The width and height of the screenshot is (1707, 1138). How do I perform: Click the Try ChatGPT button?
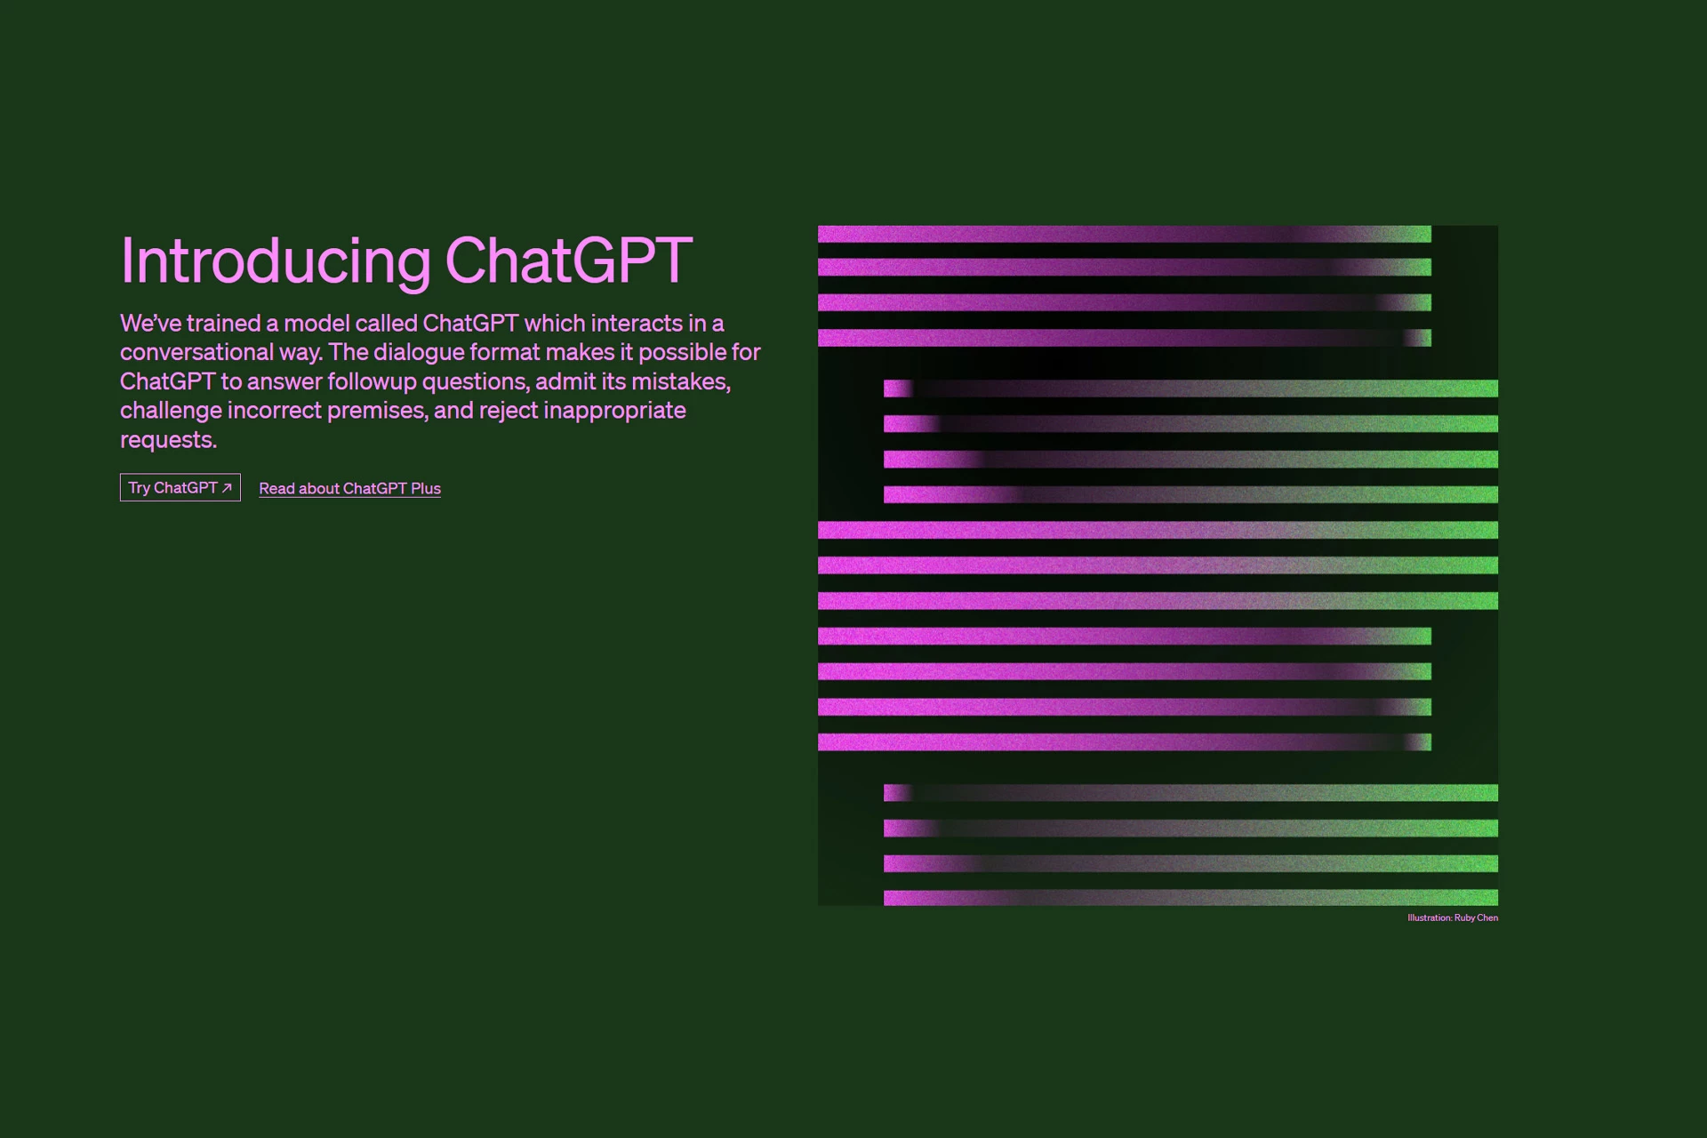tap(180, 487)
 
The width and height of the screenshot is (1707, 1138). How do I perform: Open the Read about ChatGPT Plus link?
tap(349, 488)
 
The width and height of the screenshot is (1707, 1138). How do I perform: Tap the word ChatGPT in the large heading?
tap(568, 260)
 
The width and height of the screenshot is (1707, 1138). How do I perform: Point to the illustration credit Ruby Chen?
tap(1476, 918)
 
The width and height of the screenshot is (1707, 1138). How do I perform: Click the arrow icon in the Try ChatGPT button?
tap(227, 487)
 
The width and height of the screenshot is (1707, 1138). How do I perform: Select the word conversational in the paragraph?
tap(196, 352)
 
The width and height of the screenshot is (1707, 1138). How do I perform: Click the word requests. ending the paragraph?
tap(168, 440)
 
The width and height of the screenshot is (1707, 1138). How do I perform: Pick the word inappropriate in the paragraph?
tap(614, 411)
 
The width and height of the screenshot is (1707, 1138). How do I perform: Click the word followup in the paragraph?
tap(372, 381)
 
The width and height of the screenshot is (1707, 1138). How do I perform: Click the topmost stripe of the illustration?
tap(1124, 234)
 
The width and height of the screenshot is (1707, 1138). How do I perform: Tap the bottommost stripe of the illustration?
tap(1190, 898)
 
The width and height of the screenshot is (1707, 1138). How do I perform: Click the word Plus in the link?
tap(426, 488)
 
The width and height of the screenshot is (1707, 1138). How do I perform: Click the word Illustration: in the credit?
tap(1429, 918)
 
